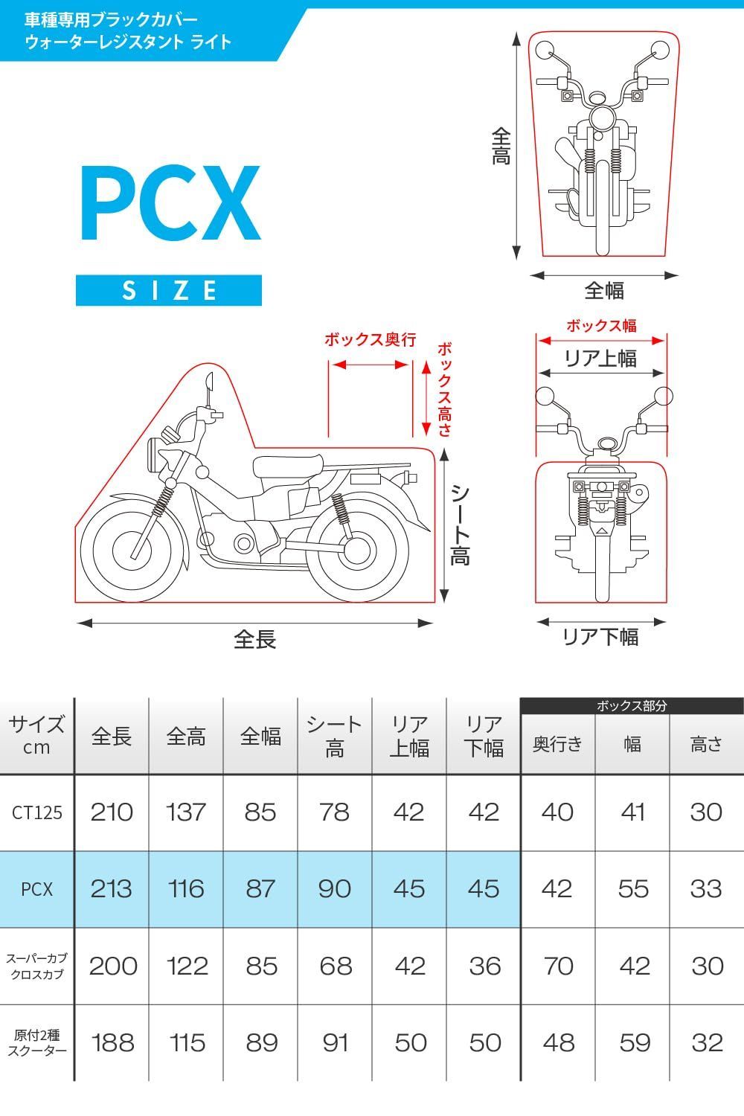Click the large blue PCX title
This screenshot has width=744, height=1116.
(x=170, y=203)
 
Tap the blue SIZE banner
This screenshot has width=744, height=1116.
(x=169, y=290)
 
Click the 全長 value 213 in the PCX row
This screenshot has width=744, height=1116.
(x=111, y=889)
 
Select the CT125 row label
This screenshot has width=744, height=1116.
(x=37, y=812)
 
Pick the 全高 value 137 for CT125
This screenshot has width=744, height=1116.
(x=186, y=812)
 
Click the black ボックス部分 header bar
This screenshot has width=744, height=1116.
(x=632, y=705)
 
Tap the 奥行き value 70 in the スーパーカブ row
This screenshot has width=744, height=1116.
(x=558, y=966)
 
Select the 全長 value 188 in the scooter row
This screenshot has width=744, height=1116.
(x=112, y=1043)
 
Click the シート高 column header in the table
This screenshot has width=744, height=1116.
(x=334, y=736)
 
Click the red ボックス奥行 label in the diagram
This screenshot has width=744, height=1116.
(x=371, y=340)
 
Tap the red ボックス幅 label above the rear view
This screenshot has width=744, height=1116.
(x=601, y=326)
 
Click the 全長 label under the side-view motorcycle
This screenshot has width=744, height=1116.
(x=254, y=639)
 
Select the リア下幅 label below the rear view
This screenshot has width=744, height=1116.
(x=600, y=637)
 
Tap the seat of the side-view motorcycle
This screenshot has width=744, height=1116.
(x=287, y=467)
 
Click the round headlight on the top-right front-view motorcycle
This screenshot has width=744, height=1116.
(x=603, y=118)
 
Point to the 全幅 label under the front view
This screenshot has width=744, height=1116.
(x=604, y=290)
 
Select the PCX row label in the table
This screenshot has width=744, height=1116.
(x=37, y=889)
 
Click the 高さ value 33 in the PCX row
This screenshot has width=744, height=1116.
(x=706, y=889)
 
